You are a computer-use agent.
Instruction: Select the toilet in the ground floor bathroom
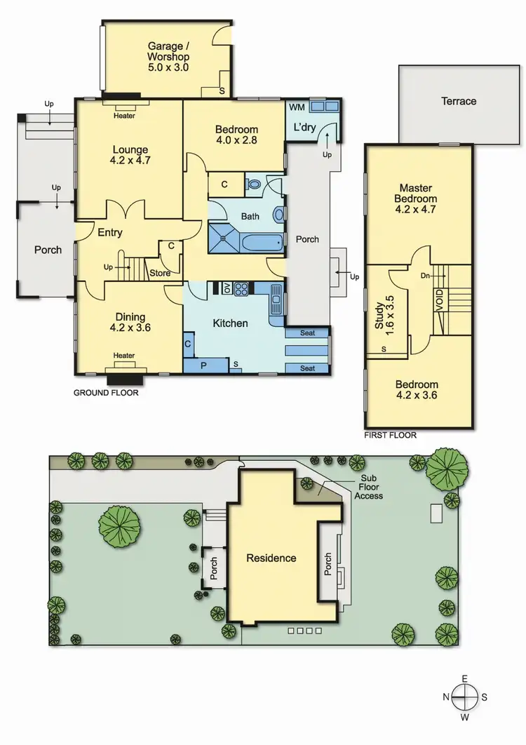click(255, 185)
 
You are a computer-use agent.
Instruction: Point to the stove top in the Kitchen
click(242, 288)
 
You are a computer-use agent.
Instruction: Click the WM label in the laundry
click(296, 106)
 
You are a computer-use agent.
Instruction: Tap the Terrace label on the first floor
click(459, 101)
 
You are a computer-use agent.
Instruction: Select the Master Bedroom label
click(415, 198)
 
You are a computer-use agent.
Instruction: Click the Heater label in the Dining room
click(124, 356)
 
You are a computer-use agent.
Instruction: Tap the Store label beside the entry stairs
click(160, 274)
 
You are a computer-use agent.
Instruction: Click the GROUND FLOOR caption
click(106, 394)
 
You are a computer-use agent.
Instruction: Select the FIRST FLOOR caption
click(390, 435)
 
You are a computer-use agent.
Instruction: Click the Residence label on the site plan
click(271, 558)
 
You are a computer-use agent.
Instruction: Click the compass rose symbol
click(464, 698)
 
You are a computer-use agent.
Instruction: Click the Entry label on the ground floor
click(110, 233)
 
